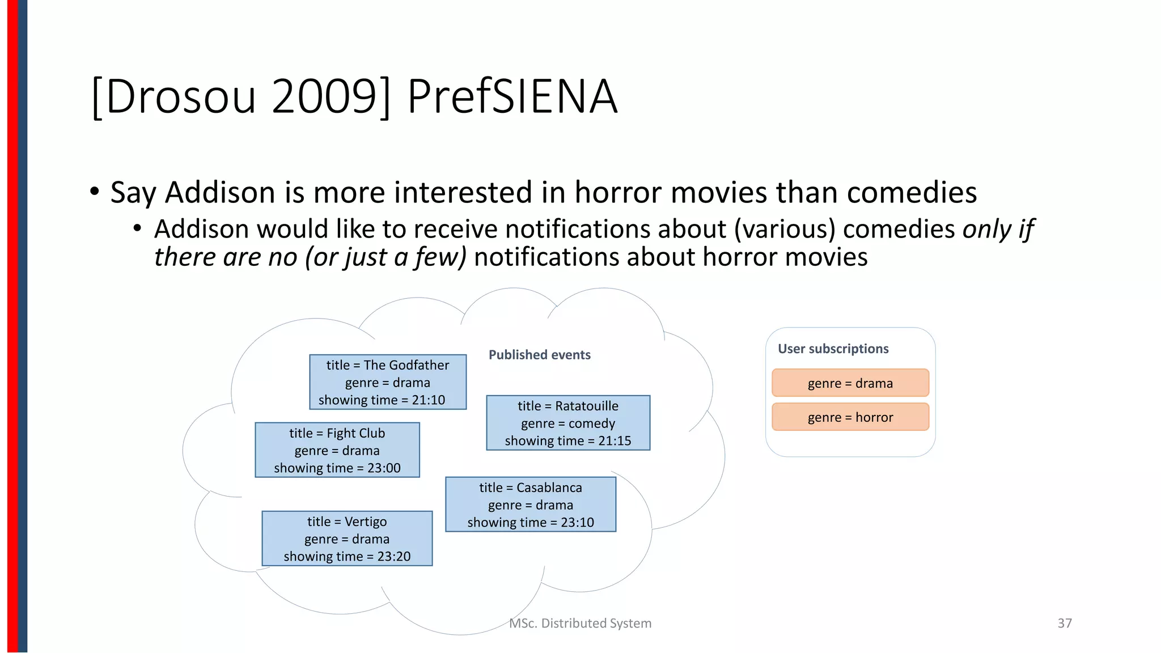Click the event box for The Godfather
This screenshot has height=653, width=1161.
point(388,382)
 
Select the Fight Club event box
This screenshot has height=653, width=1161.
point(337,450)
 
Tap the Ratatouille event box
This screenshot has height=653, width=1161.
point(568,423)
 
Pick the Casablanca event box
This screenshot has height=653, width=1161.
point(531,504)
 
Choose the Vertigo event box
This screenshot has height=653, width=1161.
point(347,538)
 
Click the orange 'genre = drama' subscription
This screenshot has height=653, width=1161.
point(850,383)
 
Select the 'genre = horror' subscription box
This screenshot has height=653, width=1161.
point(850,417)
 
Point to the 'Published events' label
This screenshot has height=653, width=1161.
point(540,355)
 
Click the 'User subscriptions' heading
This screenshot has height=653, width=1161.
point(833,349)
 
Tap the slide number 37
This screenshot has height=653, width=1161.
point(1065,624)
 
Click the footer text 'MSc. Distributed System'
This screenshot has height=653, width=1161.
point(580,624)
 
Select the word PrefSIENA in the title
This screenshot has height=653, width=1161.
point(512,96)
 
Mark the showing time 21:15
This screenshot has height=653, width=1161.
point(615,441)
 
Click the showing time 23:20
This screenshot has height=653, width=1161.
point(394,557)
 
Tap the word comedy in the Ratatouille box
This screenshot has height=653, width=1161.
point(592,423)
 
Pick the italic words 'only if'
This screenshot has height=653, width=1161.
point(998,229)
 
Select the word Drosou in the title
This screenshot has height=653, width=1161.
point(180,96)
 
